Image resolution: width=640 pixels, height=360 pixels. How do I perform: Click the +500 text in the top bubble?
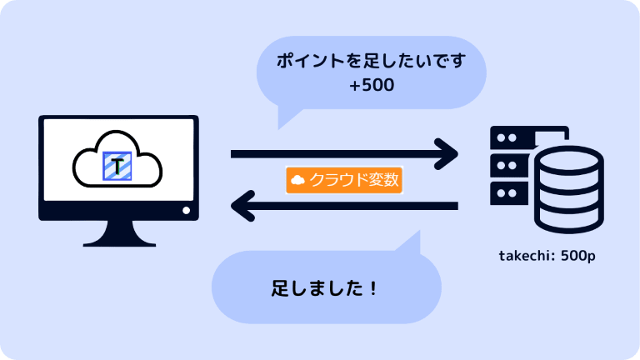tap(372, 85)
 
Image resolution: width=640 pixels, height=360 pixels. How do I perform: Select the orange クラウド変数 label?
tap(344, 180)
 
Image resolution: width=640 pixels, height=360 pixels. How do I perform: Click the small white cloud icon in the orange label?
tap(297, 180)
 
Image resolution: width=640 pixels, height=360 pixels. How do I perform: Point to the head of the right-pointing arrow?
tap(448, 153)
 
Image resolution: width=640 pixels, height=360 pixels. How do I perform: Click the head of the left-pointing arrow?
tap(242, 205)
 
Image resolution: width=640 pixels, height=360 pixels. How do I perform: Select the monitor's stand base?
tap(118, 241)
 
